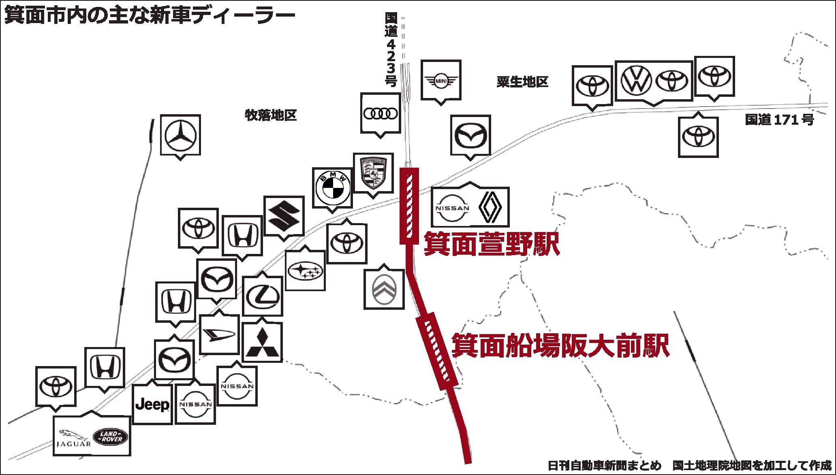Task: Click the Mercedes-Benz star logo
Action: coord(180,135)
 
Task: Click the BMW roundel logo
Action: coord(332,187)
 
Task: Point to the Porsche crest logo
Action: coord(373,173)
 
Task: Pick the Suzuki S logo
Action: coord(284,216)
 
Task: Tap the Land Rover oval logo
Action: coord(110,437)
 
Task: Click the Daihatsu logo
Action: coord(219,334)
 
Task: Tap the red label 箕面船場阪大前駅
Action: coord(560,345)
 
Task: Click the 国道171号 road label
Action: coord(779,120)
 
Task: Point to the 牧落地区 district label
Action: coord(270,115)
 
